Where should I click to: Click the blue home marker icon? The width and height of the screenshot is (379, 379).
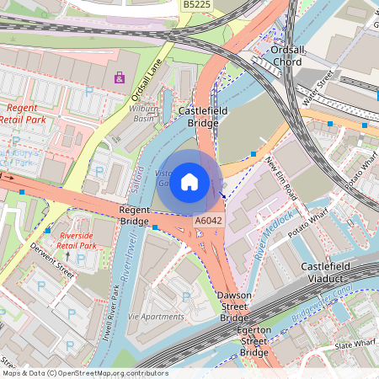pyautogui.click(x=189, y=181)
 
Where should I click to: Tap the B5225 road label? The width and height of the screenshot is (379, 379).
pyautogui.click(x=197, y=5)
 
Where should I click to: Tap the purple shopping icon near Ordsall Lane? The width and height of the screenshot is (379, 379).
pyautogui.click(x=120, y=78)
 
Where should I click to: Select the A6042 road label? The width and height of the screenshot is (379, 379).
pyautogui.click(x=208, y=221)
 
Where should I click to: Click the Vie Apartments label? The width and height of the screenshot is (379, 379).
pyautogui.click(x=157, y=317)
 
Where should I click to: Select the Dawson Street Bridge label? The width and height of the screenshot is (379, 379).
pyautogui.click(x=234, y=307)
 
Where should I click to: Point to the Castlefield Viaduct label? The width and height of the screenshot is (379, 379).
pyautogui.click(x=329, y=272)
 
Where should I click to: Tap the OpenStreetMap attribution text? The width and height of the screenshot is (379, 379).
pyautogui.click(x=84, y=373)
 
